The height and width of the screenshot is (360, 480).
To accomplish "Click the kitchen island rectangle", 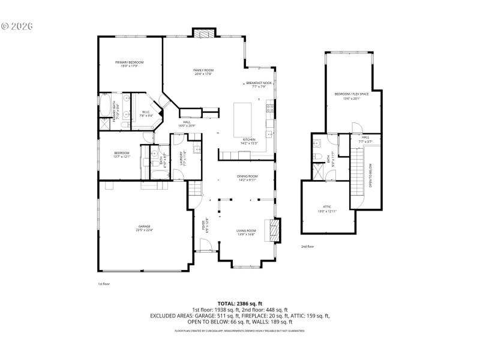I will coord(243,113).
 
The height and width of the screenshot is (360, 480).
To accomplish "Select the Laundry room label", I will coord(181,158).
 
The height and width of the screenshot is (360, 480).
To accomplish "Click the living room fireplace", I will coord(274,230).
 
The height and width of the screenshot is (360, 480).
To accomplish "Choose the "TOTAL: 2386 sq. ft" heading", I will coord(240,304).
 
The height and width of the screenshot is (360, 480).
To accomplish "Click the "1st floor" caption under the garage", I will coord(104,284).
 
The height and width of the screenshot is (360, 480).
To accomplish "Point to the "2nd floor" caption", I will coord(307,246).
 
